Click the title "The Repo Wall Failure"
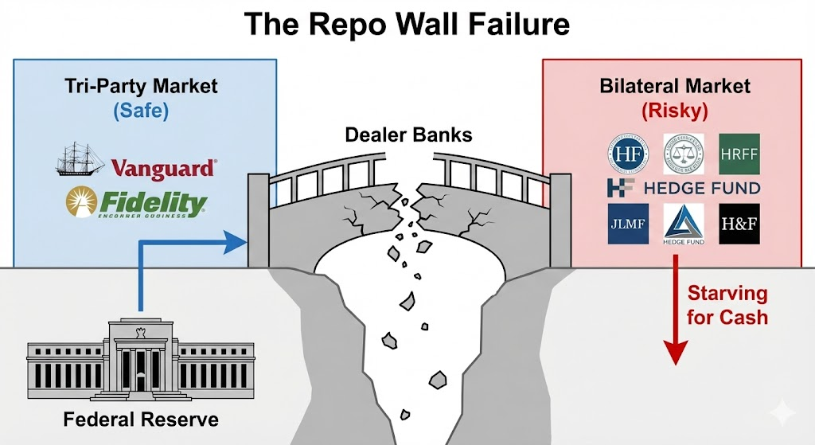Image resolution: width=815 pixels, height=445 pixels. coord(407,25)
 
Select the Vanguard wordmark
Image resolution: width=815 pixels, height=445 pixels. coord(163,169)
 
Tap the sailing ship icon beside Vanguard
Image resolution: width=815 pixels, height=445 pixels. coord(80,159)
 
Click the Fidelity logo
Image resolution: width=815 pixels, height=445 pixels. coord(135,203)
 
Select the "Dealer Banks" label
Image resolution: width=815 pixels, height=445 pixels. coord(407,134)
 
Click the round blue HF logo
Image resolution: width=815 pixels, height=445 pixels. coord(626,154)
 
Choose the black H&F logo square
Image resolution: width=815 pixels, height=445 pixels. coord(739,224)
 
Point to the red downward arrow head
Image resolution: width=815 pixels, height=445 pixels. coord(675,353)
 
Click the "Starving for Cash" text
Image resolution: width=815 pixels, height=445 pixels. coord(727,305)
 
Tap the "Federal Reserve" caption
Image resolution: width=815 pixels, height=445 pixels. coord(139,418)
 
